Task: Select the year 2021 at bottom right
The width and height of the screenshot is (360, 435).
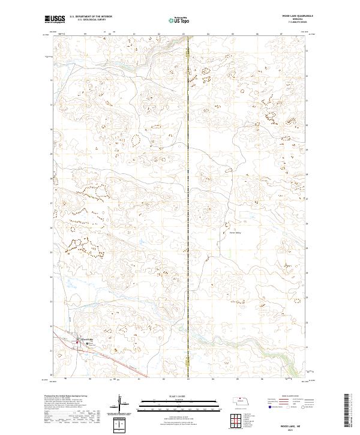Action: [x=291, y=430]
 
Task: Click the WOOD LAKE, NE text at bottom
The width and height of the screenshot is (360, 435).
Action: [x=291, y=424]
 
